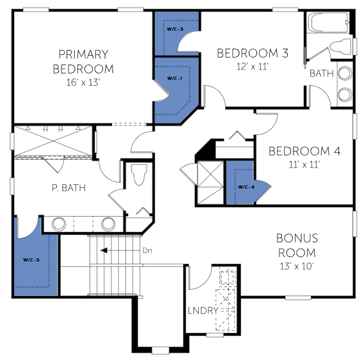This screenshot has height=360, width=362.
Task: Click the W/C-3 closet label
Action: click(175, 29)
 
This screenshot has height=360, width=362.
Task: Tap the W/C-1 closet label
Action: click(175, 79)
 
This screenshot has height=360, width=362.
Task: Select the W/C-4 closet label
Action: click(246, 187)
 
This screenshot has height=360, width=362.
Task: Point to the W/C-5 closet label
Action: click(31, 260)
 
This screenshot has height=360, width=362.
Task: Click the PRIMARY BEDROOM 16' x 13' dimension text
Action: click(83, 82)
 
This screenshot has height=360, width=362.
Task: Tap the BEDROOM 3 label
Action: click(253, 53)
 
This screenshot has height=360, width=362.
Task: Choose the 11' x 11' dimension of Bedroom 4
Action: click(304, 165)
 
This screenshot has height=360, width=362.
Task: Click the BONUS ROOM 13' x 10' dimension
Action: click(297, 266)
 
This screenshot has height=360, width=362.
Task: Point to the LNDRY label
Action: click(203, 311)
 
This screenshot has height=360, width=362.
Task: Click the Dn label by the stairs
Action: click(147, 251)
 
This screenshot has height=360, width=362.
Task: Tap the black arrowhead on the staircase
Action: click(104, 251)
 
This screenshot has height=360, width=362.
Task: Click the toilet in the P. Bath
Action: click(139, 175)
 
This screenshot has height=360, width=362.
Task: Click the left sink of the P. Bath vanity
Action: click(59, 224)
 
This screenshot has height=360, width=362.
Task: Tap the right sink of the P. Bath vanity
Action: click(108, 224)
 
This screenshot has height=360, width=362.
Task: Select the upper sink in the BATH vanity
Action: click(345, 74)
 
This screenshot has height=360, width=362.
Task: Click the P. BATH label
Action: click(69, 188)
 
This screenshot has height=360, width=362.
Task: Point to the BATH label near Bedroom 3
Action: click(322, 74)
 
